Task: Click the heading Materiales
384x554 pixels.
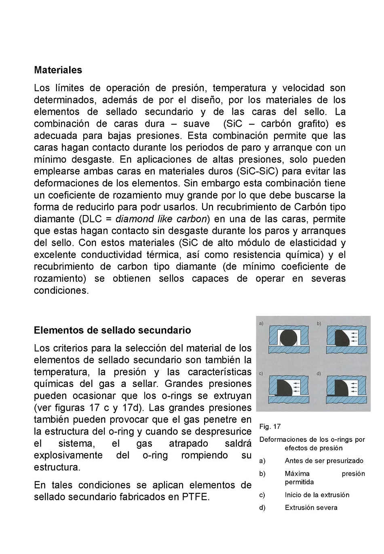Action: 58,70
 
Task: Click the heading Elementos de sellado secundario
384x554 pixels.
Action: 112,330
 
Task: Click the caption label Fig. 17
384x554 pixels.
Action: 270,426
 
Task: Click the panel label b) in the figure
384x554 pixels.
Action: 319,324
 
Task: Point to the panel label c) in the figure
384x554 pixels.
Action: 261,374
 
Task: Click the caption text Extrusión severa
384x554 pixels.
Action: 311,508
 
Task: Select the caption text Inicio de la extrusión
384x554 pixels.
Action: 317,495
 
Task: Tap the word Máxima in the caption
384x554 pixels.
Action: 297,474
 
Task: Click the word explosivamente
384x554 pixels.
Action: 68,456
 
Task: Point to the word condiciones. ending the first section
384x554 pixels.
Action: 61,291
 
